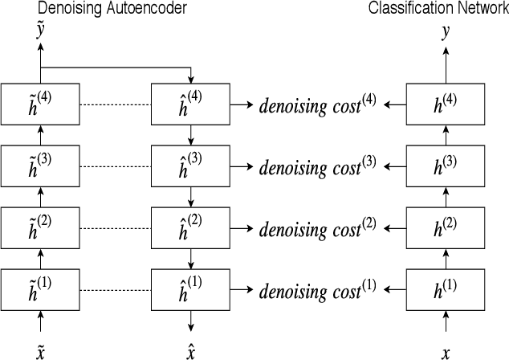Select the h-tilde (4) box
(x=40, y=104)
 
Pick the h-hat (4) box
(x=190, y=104)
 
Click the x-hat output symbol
(x=191, y=351)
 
